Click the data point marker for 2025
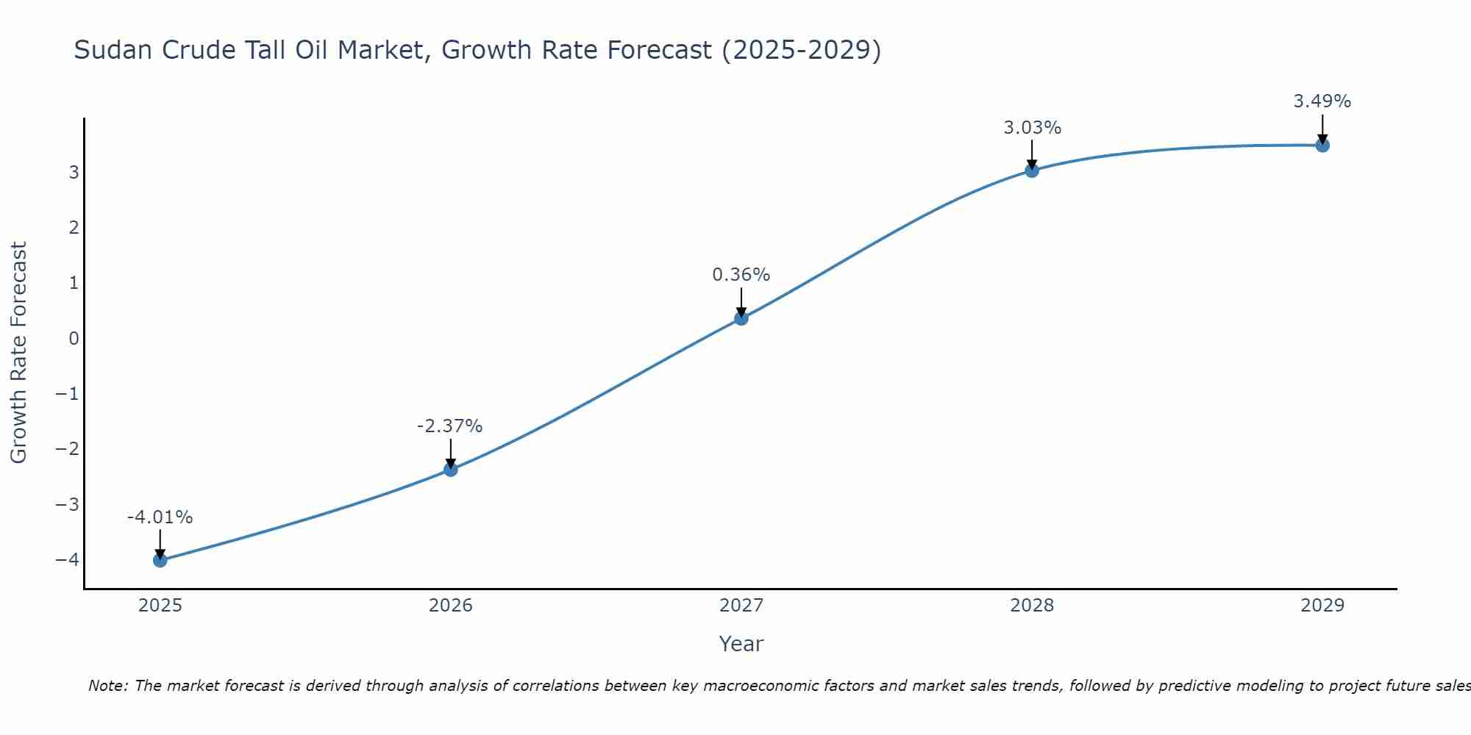(160, 560)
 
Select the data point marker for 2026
(451, 469)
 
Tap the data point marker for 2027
(741, 318)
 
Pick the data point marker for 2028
(1032, 171)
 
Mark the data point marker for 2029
(1322, 146)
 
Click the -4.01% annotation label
(160, 517)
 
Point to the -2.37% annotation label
(449, 426)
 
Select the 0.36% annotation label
(741, 275)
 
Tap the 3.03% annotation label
(1032, 128)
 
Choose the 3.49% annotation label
(1322, 101)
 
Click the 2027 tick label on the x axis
(741, 606)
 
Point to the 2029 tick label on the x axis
(1322, 606)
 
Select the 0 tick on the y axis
(74, 339)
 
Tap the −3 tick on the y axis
(68, 505)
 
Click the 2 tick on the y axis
(74, 228)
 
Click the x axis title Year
(741, 644)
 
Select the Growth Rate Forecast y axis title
(19, 353)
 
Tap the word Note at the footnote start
(107, 686)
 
